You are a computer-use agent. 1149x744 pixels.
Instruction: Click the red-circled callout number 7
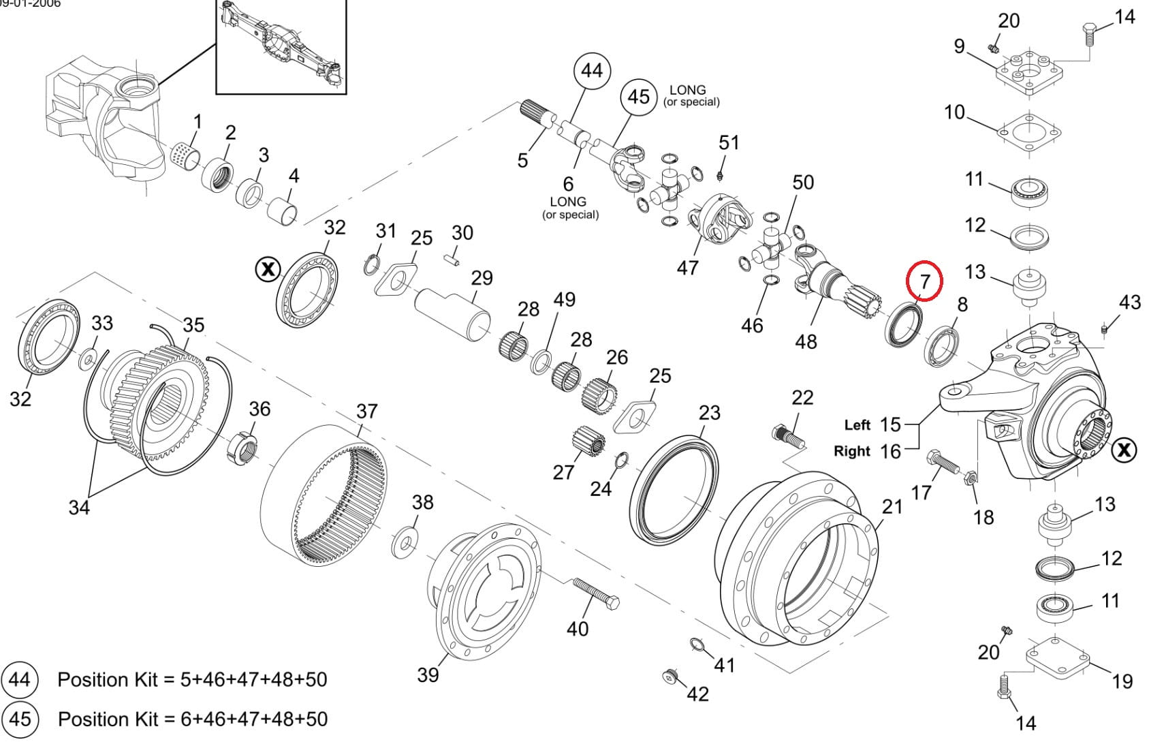pos(924,280)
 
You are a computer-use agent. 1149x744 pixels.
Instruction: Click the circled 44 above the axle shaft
pos(592,70)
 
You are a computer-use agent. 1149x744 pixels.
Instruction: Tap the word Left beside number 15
pos(857,425)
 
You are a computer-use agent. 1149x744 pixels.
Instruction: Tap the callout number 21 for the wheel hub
pos(892,507)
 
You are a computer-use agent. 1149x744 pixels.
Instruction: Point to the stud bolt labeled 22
pos(789,436)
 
